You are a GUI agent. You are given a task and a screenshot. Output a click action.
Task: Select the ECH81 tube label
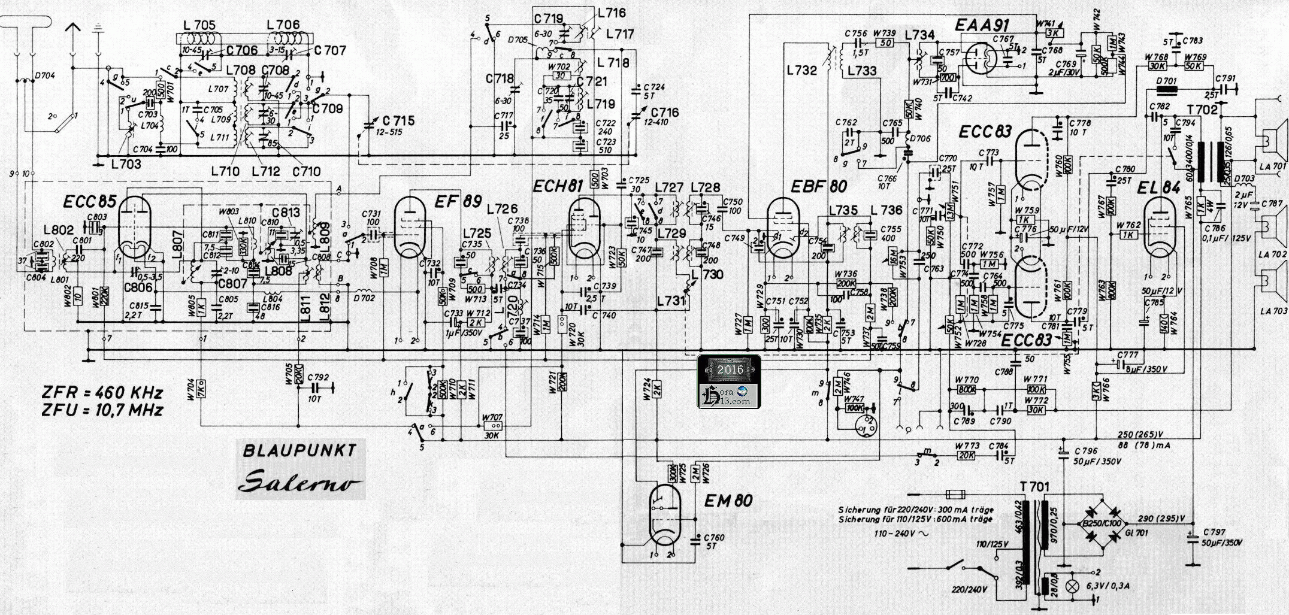coord(557,186)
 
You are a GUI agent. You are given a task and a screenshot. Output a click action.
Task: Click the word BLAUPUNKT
coord(299,451)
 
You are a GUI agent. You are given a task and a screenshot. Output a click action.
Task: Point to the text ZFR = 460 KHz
coord(102,393)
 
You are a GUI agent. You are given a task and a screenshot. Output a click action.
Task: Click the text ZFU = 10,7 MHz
coord(102,410)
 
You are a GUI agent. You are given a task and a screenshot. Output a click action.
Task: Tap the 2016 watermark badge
coord(729,369)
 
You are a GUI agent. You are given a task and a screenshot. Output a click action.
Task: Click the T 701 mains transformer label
coord(1034,487)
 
